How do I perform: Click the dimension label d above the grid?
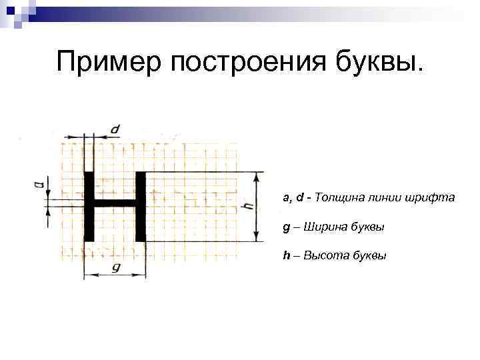click(115, 129)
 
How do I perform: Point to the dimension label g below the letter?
click(115, 267)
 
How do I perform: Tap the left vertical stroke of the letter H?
click(89, 207)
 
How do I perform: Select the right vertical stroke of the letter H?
click(140, 207)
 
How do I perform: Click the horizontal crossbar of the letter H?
click(115, 203)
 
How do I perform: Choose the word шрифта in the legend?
click(434, 197)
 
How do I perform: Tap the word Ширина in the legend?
click(325, 227)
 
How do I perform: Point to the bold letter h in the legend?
click(286, 256)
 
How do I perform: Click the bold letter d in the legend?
click(301, 197)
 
